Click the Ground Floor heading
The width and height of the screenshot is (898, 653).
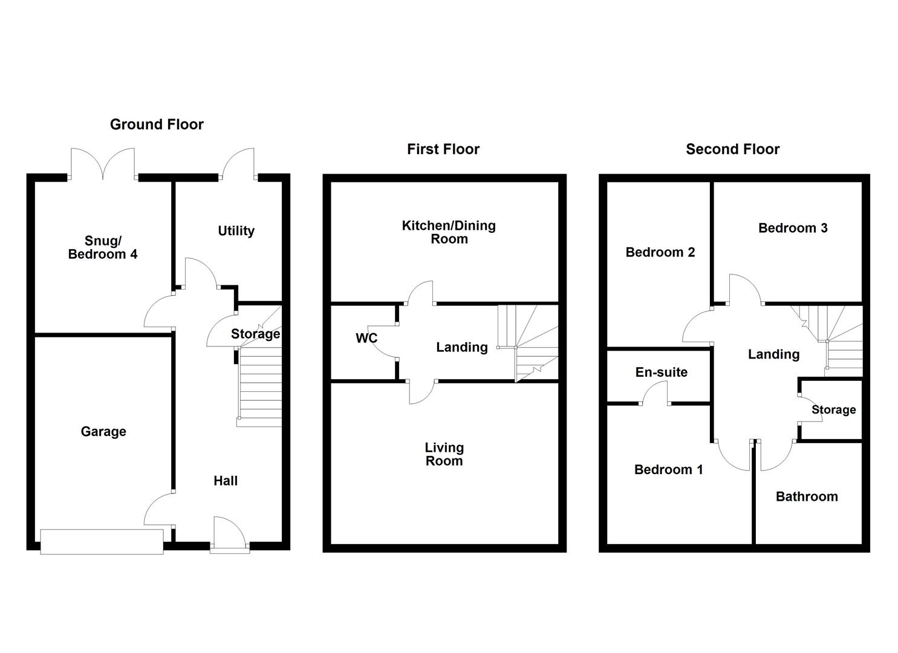coord(157,125)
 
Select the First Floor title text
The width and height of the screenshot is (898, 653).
coord(443,149)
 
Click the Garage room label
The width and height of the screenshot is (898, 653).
coord(103,431)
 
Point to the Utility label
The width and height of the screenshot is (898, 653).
coord(236,231)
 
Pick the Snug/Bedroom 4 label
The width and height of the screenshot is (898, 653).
coord(103,247)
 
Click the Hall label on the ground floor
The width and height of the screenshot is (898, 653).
coord(226,481)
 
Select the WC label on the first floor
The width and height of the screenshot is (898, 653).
coord(366,339)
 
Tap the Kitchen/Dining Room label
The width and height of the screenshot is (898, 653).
coord(449,232)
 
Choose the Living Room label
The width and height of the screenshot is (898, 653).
coord(444,454)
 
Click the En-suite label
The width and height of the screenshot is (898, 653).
coord(662,372)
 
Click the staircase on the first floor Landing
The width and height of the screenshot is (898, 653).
coord(527,343)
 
